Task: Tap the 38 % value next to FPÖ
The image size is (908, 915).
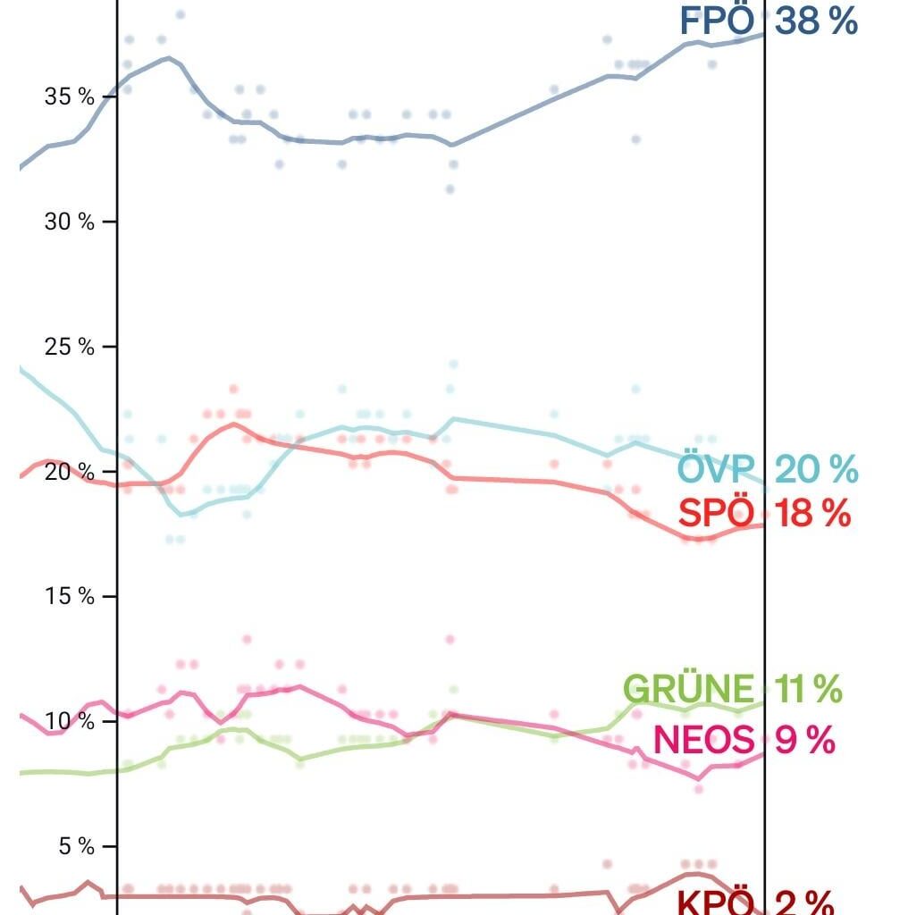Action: click(x=816, y=21)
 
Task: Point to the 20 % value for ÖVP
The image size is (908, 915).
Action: click(x=816, y=468)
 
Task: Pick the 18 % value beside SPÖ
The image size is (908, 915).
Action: click(x=812, y=514)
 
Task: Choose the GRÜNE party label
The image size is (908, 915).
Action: click(x=688, y=689)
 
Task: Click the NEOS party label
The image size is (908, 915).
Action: click(x=704, y=740)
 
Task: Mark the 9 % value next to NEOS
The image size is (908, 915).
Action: click(x=804, y=740)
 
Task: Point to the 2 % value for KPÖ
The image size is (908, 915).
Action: click(x=804, y=902)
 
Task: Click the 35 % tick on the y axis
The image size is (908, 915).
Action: click(x=70, y=97)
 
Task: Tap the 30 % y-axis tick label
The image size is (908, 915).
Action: click(x=70, y=222)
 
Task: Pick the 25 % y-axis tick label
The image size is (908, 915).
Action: click(x=70, y=347)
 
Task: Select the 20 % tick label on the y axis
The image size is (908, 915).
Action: click(x=70, y=472)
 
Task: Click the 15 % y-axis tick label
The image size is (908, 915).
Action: click(x=70, y=596)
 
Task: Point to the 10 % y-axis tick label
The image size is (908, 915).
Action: click(x=70, y=721)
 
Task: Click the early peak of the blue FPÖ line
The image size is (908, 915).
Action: click(x=169, y=58)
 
